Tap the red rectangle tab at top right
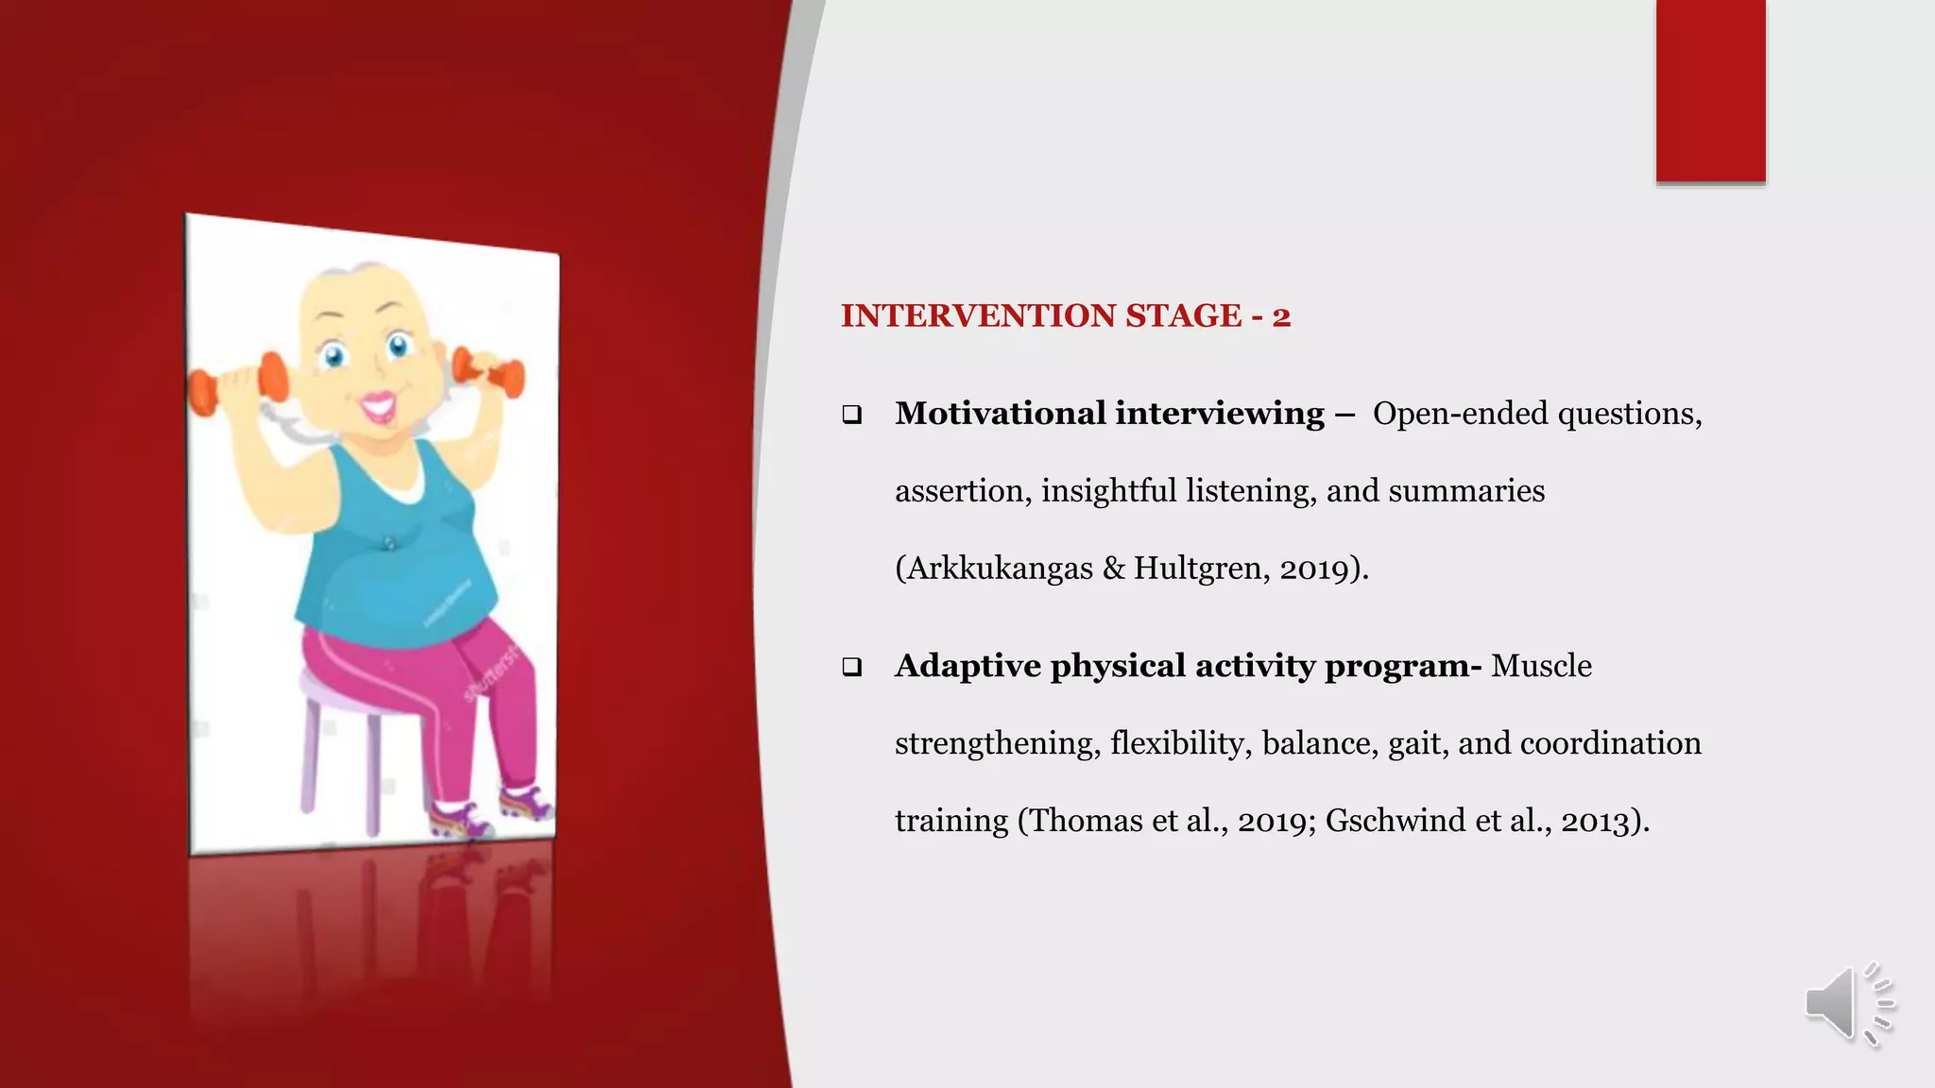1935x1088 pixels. click(x=1710, y=91)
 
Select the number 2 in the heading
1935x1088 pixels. click(x=1281, y=316)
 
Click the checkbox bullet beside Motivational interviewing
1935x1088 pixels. click(x=852, y=415)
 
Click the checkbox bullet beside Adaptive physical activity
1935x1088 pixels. click(x=852, y=668)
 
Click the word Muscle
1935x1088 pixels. click(x=1541, y=666)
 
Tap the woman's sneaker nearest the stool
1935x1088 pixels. click(x=460, y=819)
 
